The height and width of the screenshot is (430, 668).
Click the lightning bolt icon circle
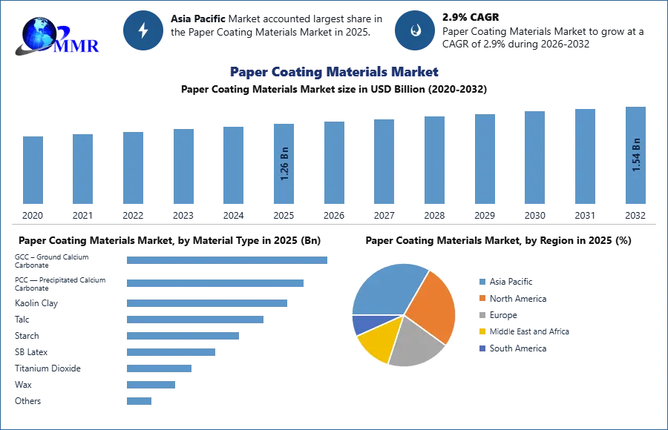click(x=143, y=30)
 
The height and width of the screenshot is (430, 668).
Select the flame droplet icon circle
click(x=415, y=30)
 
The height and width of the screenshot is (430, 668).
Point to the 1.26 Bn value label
click(x=284, y=165)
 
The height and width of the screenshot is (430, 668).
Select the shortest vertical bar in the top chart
click(x=33, y=171)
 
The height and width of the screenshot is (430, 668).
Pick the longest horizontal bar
click(x=228, y=261)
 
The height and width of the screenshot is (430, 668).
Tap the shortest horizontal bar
click(x=139, y=403)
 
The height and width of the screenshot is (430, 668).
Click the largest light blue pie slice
click(x=386, y=289)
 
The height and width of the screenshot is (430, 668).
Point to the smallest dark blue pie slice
click(x=361, y=324)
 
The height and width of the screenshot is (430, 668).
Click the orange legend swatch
click(x=481, y=298)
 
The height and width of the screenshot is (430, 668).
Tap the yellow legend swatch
click(x=481, y=331)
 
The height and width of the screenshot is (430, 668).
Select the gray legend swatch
click(x=481, y=315)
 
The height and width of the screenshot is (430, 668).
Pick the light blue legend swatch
click(x=481, y=281)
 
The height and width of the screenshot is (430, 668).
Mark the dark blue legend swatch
click(x=481, y=348)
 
